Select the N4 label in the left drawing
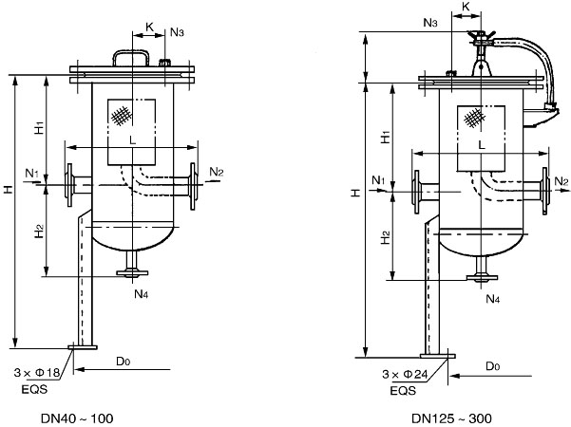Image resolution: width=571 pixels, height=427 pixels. (x=141, y=293)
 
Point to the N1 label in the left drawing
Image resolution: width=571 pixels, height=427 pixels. (x=31, y=173)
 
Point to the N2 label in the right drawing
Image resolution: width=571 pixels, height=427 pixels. (x=561, y=181)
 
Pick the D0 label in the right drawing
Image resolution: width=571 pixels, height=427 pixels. (x=491, y=365)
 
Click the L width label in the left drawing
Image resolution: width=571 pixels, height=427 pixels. (x=131, y=139)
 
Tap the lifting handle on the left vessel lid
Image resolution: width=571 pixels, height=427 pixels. (x=131, y=56)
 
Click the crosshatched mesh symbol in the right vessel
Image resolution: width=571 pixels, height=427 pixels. (x=474, y=116)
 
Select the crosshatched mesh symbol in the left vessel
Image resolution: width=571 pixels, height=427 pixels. (x=119, y=116)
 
